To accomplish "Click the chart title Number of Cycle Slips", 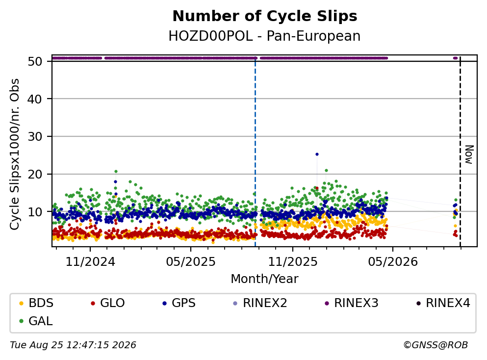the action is tap(265, 16).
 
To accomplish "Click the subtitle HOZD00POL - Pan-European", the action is tap(264, 36).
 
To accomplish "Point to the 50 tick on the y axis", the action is tap(35, 61).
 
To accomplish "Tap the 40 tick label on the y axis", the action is tap(35, 99).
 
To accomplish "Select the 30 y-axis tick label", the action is tap(35, 137).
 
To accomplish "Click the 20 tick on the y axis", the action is tap(35, 174).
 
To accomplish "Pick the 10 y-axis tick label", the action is tap(35, 212).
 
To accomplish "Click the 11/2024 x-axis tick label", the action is tap(90, 262).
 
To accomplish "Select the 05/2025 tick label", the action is tap(190, 262).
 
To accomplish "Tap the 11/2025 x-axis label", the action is tap(293, 262).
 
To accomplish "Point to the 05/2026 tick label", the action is tap(393, 262).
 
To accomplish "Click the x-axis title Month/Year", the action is tap(264, 279).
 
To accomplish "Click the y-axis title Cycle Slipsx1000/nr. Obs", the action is tap(14, 154).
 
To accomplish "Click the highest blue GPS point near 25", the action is tap(317, 154).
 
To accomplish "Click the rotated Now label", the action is tap(469, 154).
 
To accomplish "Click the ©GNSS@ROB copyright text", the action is tap(436, 345).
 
